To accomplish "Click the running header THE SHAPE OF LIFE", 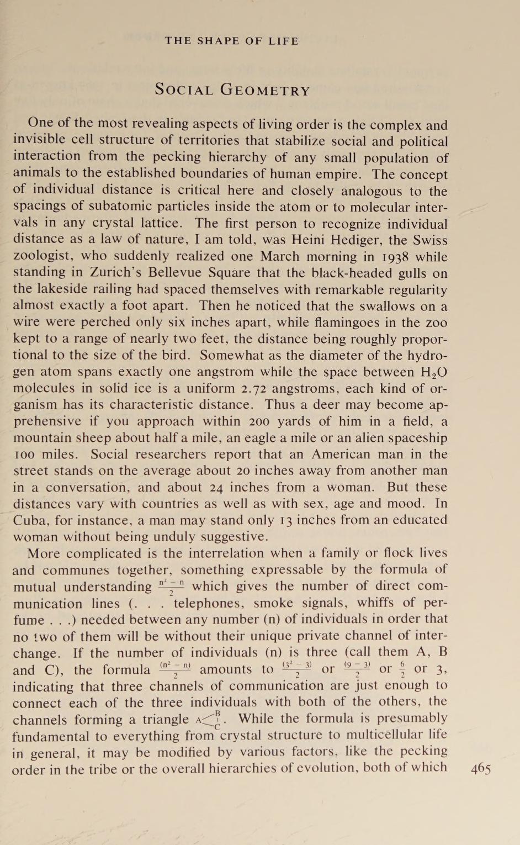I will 232,41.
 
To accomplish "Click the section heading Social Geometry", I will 232,89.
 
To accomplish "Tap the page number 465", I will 481,769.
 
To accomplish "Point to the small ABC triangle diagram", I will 210,720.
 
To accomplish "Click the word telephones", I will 210,604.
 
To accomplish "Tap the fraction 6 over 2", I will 402,670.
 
